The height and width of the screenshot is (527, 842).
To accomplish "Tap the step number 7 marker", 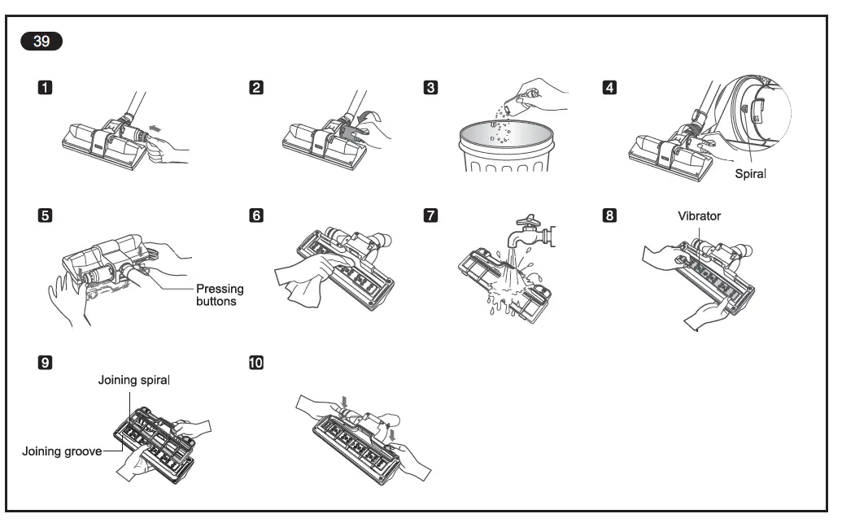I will (431, 216).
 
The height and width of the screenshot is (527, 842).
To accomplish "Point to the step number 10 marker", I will (256, 362).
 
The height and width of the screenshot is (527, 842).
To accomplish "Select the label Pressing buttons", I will (220, 294).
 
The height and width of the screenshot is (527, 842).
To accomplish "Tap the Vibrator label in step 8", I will (699, 216).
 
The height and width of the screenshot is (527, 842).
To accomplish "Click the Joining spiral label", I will (134, 379).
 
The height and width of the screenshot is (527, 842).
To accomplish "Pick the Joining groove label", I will (62, 451).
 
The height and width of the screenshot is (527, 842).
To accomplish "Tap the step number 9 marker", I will (47, 362).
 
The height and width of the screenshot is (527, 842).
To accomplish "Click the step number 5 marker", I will (47, 216).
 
